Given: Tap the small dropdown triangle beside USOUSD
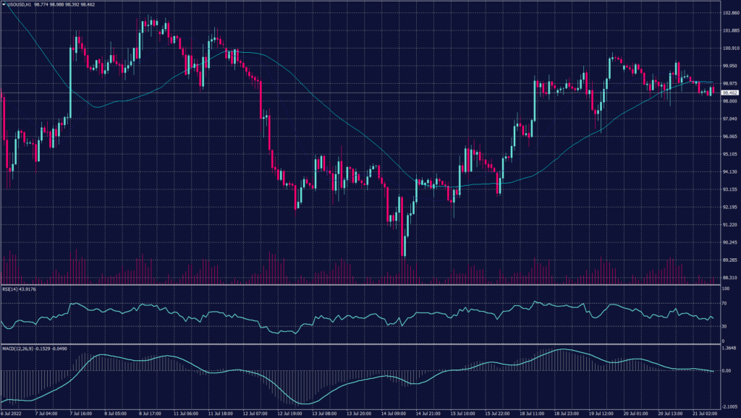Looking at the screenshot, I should [x=4, y=4].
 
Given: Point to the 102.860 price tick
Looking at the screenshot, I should [x=729, y=13].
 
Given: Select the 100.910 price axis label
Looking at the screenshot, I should [x=729, y=48].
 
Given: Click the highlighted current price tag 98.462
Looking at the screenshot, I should [x=729, y=93].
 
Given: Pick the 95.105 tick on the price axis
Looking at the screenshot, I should [x=729, y=154].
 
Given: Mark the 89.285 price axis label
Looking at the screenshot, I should [x=729, y=260].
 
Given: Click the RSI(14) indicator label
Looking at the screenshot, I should [x=18, y=289].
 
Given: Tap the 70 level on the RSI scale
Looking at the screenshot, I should [x=724, y=304].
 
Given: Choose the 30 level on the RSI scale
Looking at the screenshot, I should [x=724, y=327].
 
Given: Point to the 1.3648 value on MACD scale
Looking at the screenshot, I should [x=729, y=348].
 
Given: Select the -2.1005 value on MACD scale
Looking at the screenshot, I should [x=729, y=406].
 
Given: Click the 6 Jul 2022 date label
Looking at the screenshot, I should [x=13, y=414].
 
